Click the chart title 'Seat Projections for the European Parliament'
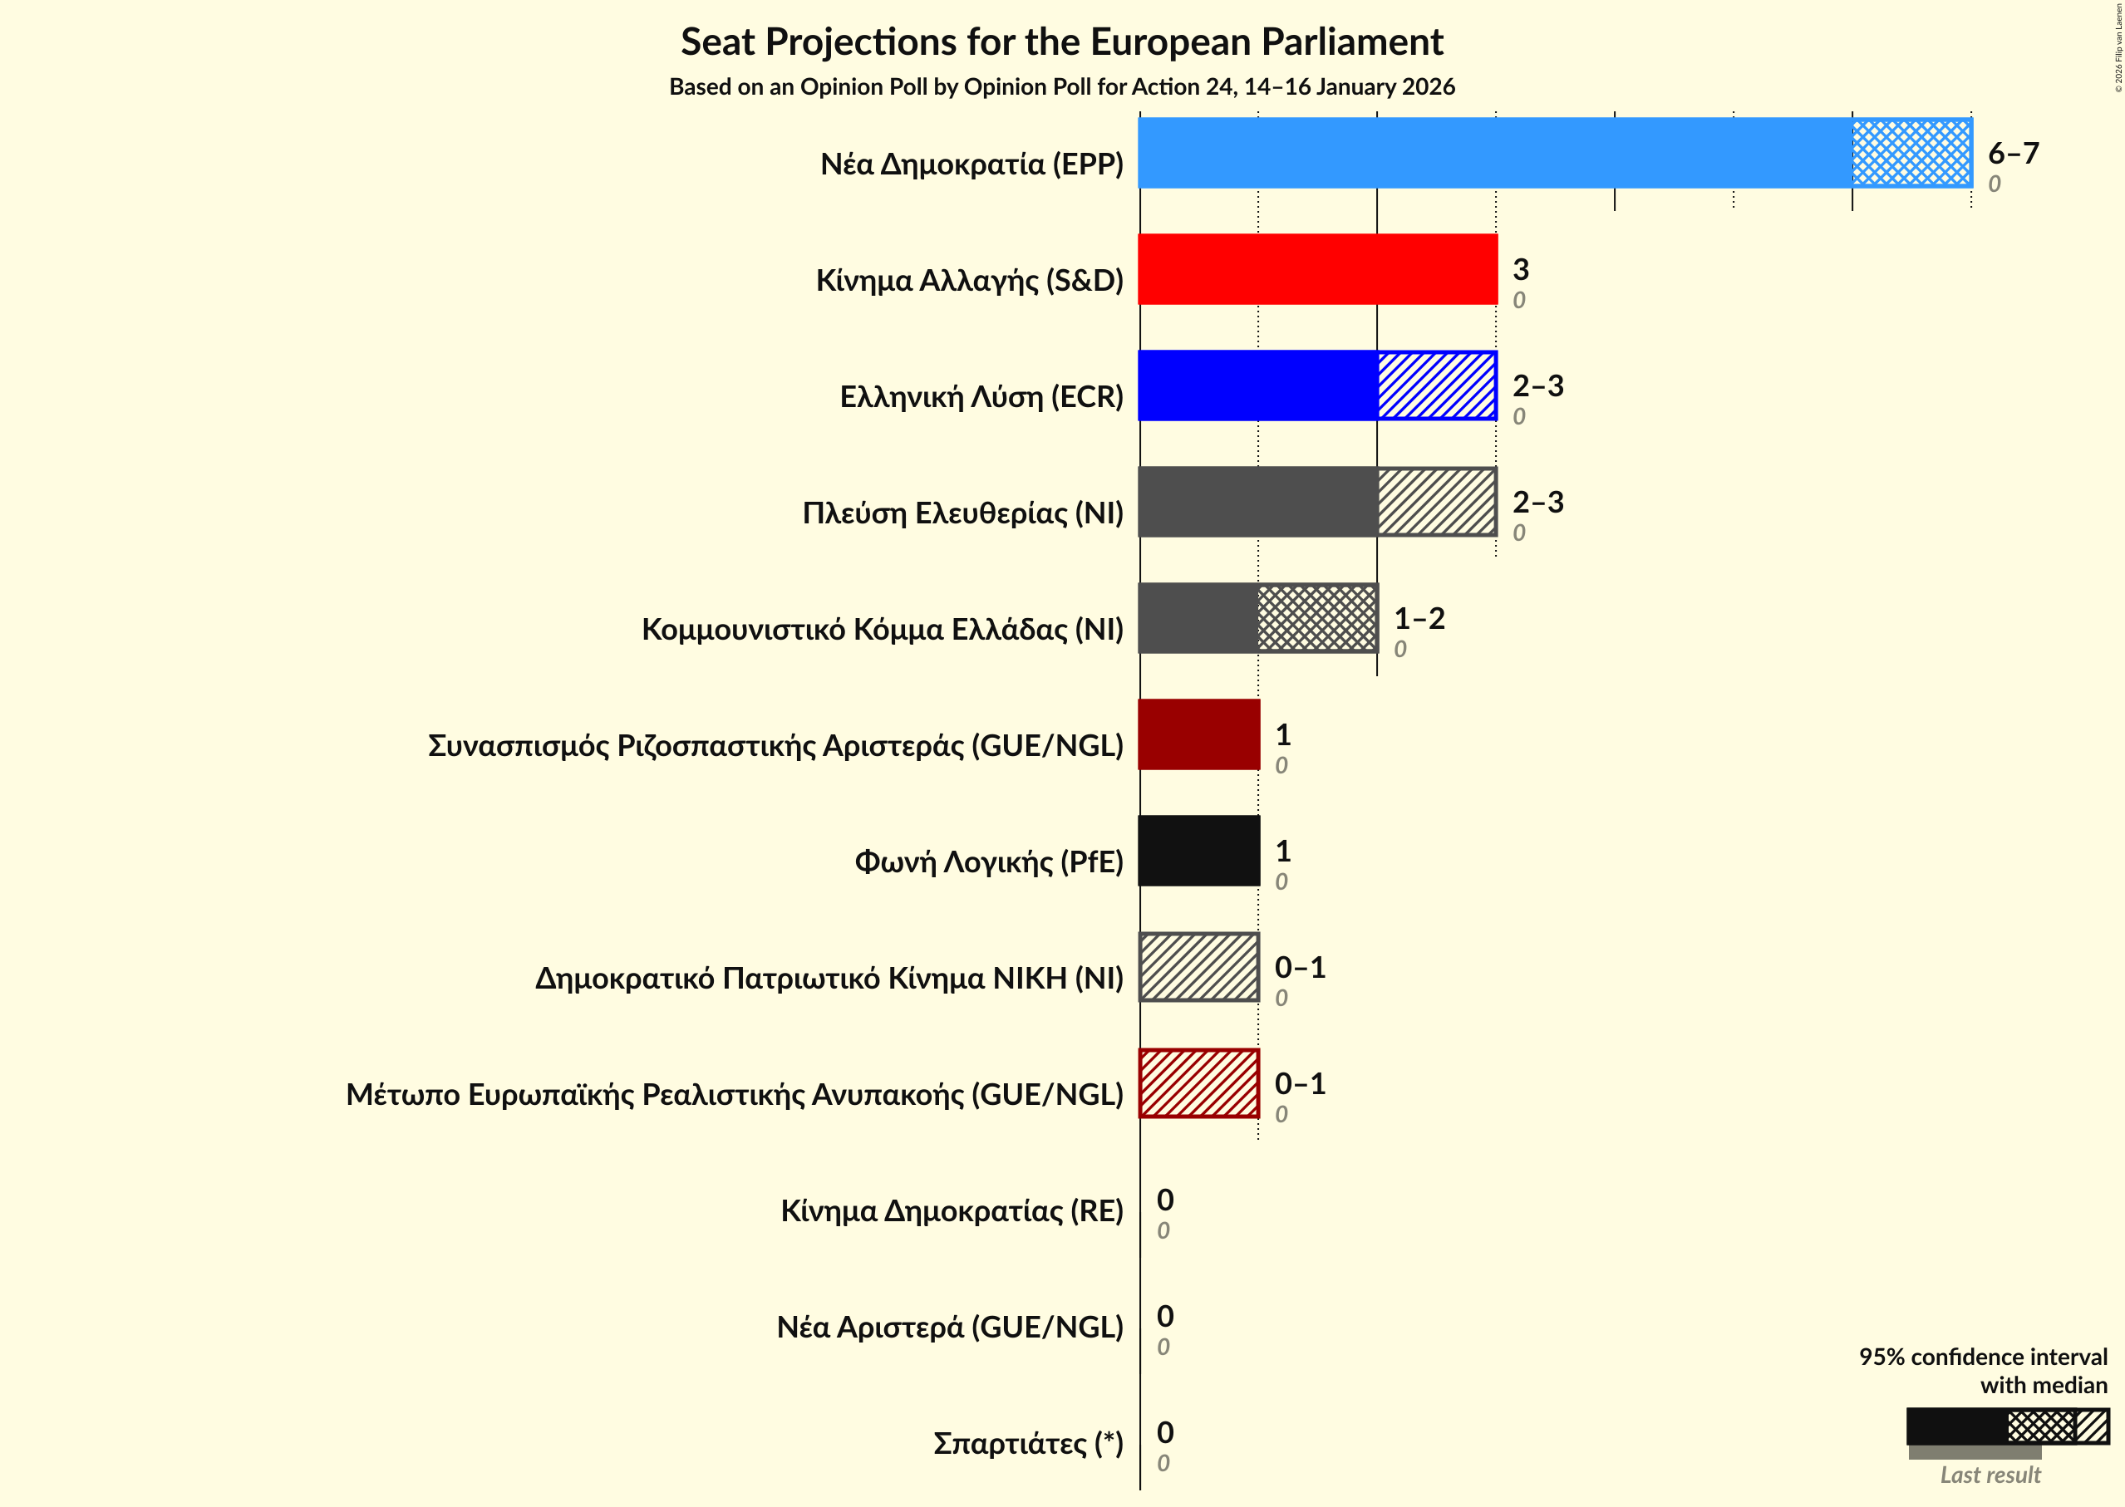pos(1061,42)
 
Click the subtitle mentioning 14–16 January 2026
pos(1061,87)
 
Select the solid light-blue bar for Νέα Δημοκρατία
pos(1495,153)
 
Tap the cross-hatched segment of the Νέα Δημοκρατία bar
pos(1911,153)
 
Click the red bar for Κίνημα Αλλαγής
pos(1317,269)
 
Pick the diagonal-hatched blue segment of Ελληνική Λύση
pos(1436,385)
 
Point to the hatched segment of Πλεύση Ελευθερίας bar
pos(1436,502)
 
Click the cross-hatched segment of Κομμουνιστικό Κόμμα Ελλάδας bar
pos(1317,618)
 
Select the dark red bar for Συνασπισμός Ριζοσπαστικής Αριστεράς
pos(1198,734)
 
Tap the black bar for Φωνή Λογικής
pos(1198,851)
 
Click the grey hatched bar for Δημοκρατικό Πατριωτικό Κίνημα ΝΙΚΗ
pos(1198,967)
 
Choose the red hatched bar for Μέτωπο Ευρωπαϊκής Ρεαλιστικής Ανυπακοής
pos(1198,1083)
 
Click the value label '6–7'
pos(2013,153)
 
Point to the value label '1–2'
pos(1419,618)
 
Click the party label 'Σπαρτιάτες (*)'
pos(1028,1443)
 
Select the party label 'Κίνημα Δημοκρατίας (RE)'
pos(952,1211)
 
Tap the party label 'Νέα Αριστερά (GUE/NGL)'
pos(950,1327)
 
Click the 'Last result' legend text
pos(1990,1475)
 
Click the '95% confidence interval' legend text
pos(1982,1357)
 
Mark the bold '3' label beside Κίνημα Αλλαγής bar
pos(1521,269)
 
